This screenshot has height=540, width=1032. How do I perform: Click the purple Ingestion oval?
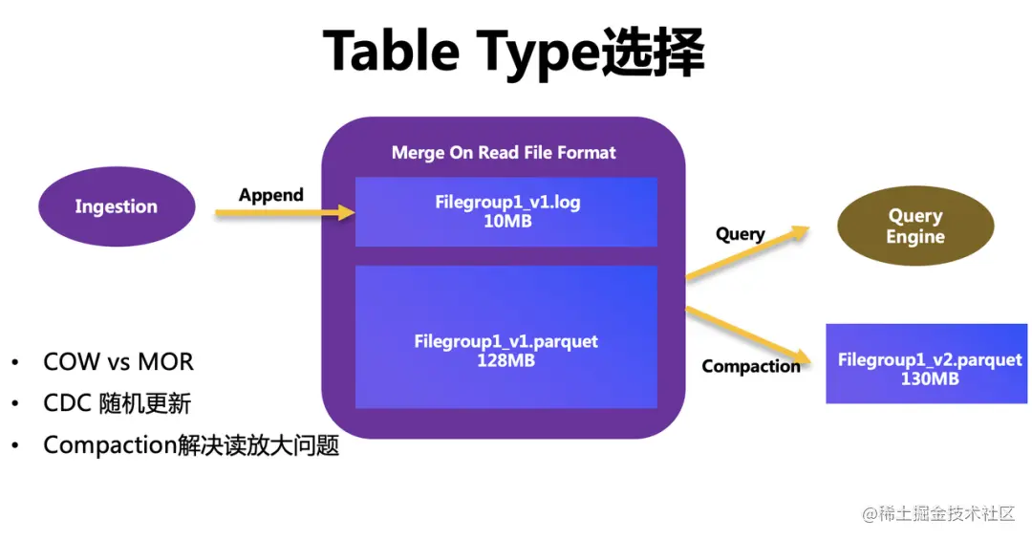click(x=116, y=206)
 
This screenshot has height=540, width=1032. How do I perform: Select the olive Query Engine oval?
click(x=914, y=227)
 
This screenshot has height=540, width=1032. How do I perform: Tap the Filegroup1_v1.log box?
click(x=506, y=212)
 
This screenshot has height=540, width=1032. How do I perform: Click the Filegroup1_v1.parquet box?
click(x=506, y=336)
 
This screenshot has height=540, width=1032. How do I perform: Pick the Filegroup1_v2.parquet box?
click(x=926, y=363)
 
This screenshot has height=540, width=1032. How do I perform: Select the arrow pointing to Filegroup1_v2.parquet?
click(x=747, y=335)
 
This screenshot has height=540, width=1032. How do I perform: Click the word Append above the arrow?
click(x=270, y=195)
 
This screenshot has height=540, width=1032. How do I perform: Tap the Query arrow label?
click(x=740, y=234)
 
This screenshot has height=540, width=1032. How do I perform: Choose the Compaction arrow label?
click(x=751, y=366)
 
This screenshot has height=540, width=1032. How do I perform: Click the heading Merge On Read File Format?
click(x=504, y=152)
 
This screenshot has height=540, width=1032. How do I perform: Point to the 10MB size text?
click(x=507, y=222)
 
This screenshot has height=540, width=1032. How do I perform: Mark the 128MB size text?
click(x=506, y=360)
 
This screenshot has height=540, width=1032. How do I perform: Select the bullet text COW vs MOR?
click(x=118, y=362)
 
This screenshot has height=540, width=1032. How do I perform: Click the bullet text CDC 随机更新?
click(x=117, y=403)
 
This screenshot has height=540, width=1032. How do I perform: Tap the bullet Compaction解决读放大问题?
click(x=191, y=445)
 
